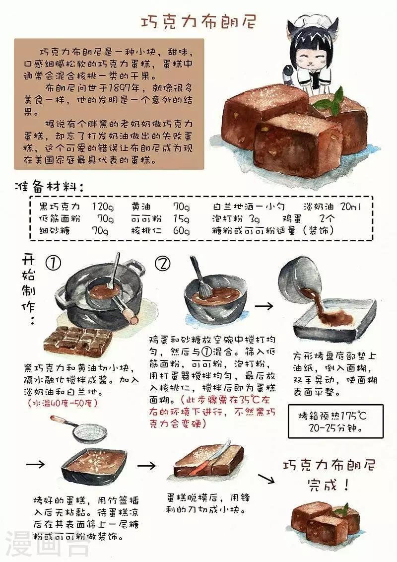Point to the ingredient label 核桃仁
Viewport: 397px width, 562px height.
(x=146, y=230)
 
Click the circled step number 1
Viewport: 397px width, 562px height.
(x=54, y=264)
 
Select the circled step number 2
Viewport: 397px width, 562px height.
(x=163, y=264)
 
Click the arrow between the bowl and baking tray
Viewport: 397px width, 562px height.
(x=264, y=306)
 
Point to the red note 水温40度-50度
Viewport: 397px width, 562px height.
(x=63, y=403)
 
